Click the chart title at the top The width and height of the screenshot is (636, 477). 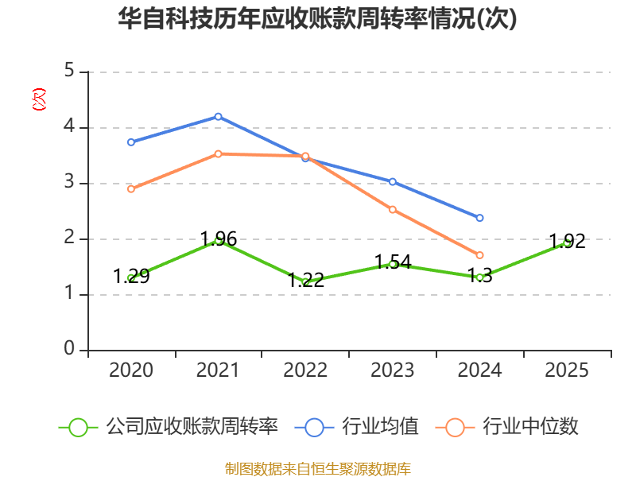[317, 18]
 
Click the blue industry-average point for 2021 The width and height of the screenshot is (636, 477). [218, 117]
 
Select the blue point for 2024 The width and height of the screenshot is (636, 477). [480, 218]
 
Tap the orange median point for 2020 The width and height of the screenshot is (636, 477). [131, 189]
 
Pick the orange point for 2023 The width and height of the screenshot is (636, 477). [393, 210]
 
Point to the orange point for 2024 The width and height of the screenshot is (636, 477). [480, 255]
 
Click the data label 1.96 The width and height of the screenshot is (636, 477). [219, 239]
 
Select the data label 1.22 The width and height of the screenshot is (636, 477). [306, 281]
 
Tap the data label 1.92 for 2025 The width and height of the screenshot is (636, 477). [568, 242]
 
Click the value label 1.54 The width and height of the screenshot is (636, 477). [393, 262]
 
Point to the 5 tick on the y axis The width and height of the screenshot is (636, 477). [69, 71]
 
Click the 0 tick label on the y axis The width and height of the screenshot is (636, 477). [69, 348]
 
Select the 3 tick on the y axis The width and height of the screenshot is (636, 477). [69, 182]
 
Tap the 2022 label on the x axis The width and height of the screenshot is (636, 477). [305, 370]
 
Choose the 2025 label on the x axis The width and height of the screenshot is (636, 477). [567, 370]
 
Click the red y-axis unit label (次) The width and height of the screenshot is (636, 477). [39, 99]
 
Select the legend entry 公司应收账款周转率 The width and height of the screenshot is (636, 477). [169, 427]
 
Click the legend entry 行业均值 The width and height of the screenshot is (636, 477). [356, 427]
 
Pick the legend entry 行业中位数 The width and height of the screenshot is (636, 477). [506, 427]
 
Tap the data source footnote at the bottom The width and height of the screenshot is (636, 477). [318, 469]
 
